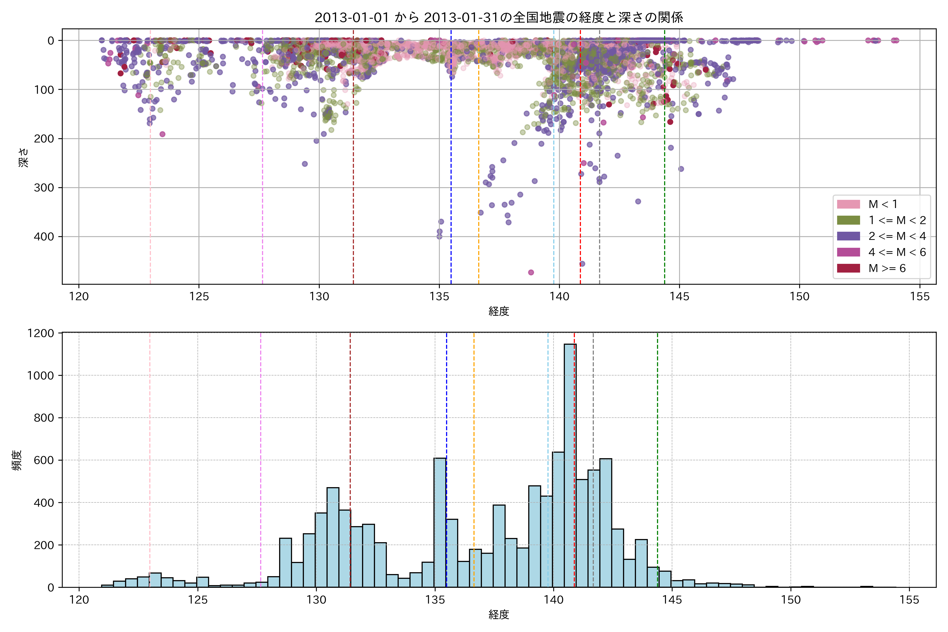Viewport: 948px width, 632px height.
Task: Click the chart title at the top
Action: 498,17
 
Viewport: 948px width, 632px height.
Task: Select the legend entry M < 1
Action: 883,204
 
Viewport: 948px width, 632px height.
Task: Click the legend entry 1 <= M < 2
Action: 897,220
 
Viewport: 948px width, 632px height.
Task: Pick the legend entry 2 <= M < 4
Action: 897,236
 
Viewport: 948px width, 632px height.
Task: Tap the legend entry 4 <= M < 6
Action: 897,252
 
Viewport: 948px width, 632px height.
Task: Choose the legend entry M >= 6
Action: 887,268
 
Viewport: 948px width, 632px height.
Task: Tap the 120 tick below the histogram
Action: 79,600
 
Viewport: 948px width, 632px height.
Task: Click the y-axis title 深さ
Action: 24,157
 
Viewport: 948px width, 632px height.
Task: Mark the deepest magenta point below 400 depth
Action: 531,273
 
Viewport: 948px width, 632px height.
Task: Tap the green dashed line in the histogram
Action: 657,443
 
